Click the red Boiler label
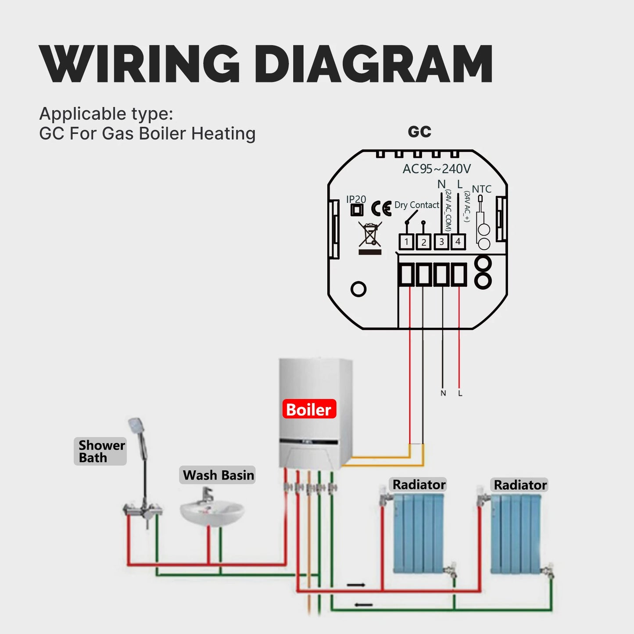click(309, 409)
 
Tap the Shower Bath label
click(100, 451)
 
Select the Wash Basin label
click(218, 475)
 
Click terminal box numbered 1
click(406, 242)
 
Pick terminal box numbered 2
click(423, 242)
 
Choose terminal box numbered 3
click(441, 242)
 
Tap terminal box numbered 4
click(458, 242)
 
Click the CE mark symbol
click(381, 208)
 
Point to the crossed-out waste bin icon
click(370, 234)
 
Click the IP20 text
click(356, 199)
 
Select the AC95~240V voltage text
click(437, 169)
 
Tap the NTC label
click(481, 189)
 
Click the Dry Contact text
click(416, 205)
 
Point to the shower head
click(135, 426)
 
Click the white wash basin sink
click(212, 512)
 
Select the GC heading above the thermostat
click(419, 132)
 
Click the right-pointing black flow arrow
click(356, 585)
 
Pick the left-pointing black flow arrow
click(364, 605)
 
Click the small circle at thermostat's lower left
click(358, 289)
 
